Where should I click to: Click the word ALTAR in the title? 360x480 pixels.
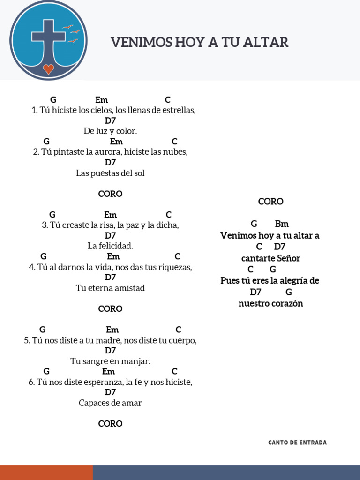coord(269,43)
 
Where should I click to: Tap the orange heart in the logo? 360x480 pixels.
coord(48,69)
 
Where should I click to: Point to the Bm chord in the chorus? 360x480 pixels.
coord(282,224)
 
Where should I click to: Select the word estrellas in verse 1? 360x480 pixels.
coord(179,111)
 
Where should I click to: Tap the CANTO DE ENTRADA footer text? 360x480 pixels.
coord(297,442)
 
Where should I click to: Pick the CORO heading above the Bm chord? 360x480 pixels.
coord(270,202)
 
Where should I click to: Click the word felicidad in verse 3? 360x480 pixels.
coord(115,246)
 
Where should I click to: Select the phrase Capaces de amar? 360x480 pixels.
coord(110,403)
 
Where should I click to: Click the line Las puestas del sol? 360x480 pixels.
coord(110,173)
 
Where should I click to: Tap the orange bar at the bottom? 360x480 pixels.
coord(46,472)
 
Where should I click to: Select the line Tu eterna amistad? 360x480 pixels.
coord(110,288)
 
